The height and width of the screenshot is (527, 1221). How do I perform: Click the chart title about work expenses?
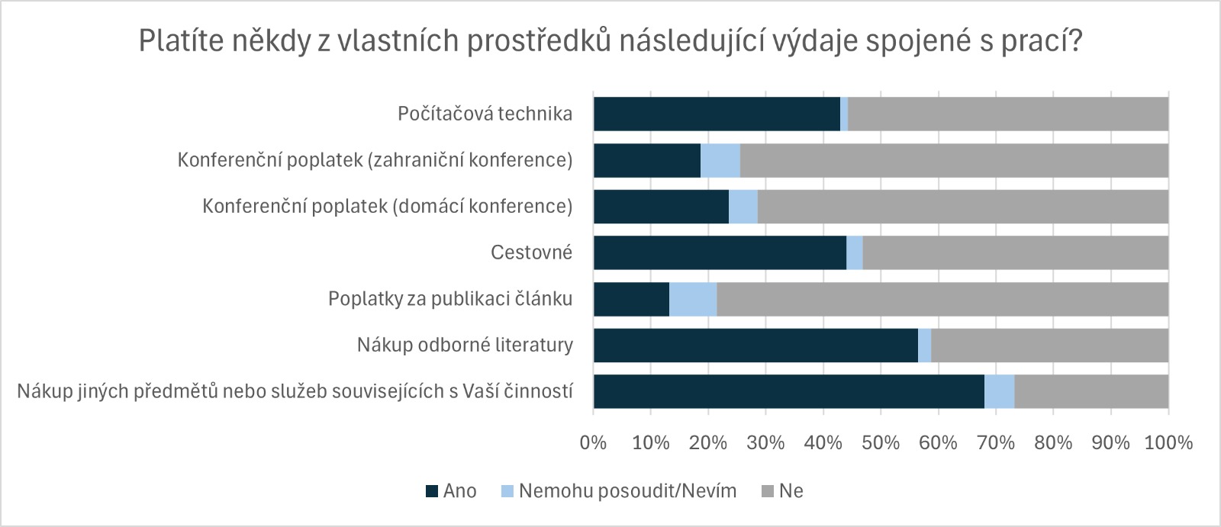coord(610,41)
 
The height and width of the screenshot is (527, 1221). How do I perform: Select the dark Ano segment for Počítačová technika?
coord(717,114)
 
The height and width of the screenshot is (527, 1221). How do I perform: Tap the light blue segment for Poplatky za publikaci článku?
coord(693,299)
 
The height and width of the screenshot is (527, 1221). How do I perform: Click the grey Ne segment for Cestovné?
coord(1015,252)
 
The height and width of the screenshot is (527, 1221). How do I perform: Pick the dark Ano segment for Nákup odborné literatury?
coord(755,345)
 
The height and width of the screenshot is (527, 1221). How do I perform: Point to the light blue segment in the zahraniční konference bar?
coord(720,160)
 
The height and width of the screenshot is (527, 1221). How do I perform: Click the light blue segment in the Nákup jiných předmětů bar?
coord(1000,391)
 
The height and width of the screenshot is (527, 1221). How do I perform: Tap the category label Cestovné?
coord(531,252)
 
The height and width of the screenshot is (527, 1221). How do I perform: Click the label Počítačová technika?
coord(485,114)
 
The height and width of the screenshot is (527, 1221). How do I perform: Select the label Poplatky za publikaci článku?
coord(450,299)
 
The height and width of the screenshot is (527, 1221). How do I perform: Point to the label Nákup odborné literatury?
coord(465,345)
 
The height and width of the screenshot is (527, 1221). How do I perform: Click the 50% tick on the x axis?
coord(881,442)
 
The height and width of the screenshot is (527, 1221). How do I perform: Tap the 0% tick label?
coord(593,442)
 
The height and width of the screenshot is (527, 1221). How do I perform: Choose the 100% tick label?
coord(1168,442)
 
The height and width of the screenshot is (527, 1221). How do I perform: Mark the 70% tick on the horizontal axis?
coord(996,442)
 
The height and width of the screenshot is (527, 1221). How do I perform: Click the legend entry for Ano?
coord(452,491)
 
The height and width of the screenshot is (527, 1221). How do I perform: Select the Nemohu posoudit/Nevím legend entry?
coord(619,491)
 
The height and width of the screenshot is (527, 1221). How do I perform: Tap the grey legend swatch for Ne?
coord(768,491)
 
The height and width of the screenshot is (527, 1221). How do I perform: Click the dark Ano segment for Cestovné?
coord(720,252)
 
